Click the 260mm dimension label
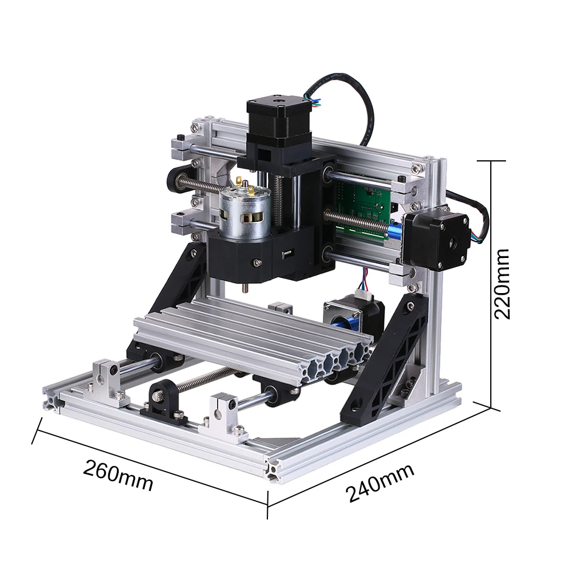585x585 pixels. [x=118, y=475]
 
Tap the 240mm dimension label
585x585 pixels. [x=380, y=483]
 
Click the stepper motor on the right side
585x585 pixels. [x=436, y=241]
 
